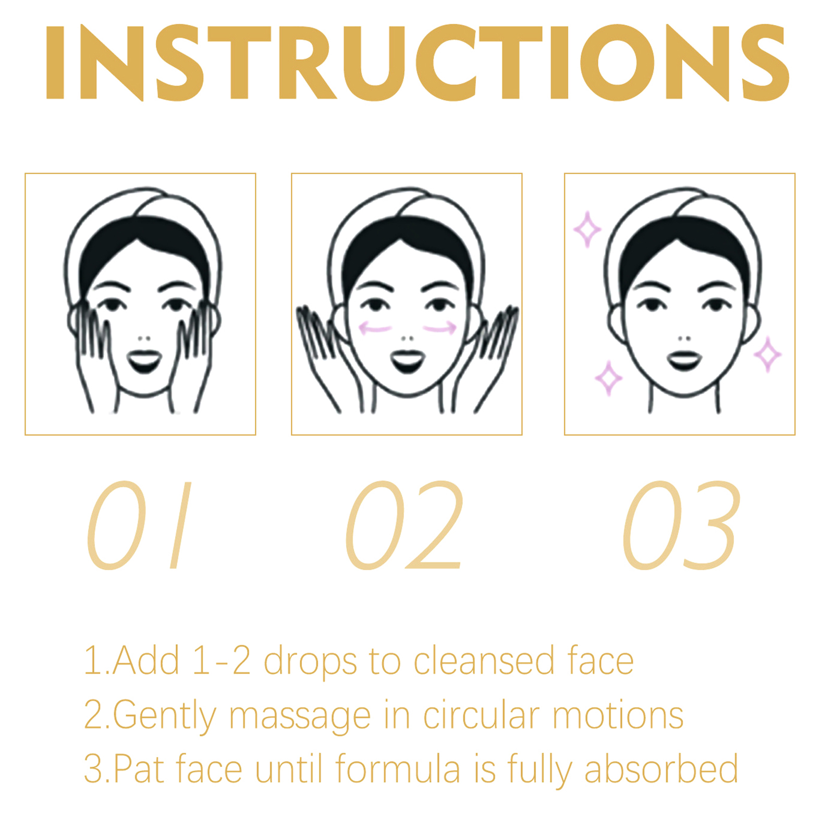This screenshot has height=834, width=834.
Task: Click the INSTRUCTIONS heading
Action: click(417, 63)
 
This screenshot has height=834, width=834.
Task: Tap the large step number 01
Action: click(139, 525)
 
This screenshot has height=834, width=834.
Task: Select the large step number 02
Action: click(404, 525)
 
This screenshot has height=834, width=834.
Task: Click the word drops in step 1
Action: click(311, 661)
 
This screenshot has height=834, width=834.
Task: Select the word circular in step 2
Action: click(481, 715)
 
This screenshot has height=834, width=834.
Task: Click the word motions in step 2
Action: click(618, 715)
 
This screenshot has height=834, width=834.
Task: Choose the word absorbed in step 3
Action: click(661, 768)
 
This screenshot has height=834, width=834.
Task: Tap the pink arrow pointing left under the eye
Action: click(375, 328)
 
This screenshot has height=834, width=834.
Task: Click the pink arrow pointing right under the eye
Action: click(439, 328)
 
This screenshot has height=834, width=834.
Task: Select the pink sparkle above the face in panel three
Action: click(587, 229)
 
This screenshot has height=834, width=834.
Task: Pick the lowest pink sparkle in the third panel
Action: click(608, 378)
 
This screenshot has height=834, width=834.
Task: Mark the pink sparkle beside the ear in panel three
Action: click(767, 354)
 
